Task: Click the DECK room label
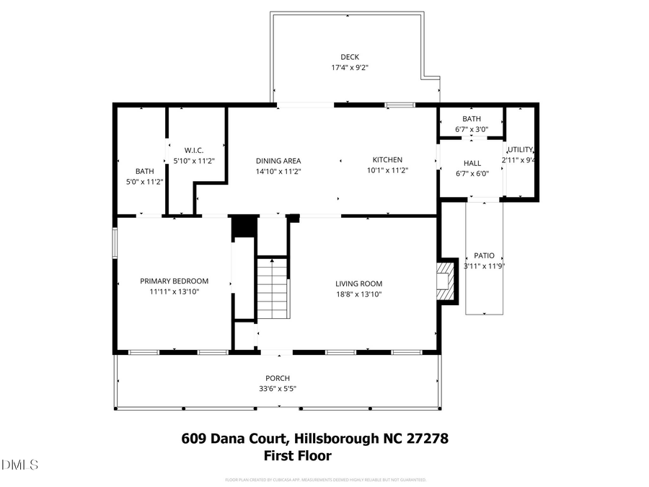click(x=350, y=57)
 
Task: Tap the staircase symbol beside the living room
click(x=272, y=288)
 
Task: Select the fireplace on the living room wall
click(x=447, y=281)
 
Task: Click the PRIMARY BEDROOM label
click(x=174, y=281)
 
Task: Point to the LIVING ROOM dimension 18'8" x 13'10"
click(x=358, y=294)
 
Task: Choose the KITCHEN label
click(x=387, y=160)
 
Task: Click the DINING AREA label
click(x=278, y=161)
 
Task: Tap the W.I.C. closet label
click(x=195, y=150)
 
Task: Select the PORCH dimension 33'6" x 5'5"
click(x=278, y=388)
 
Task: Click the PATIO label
click(x=484, y=255)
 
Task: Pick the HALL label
click(x=472, y=163)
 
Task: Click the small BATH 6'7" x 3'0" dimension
click(x=472, y=129)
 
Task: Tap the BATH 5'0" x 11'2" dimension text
click(x=144, y=181)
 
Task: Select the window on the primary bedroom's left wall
click(x=114, y=242)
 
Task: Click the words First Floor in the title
click(x=297, y=456)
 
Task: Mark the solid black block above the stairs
click(x=244, y=225)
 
